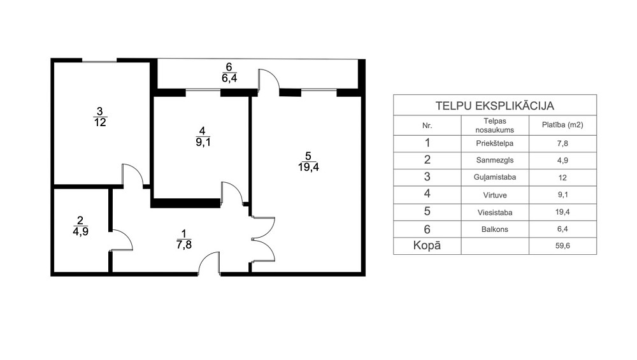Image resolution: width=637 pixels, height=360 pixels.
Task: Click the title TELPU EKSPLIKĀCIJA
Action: coord(494,106)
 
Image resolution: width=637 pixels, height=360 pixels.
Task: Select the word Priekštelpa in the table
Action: coord(494,143)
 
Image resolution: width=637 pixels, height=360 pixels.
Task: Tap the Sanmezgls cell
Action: coord(494,160)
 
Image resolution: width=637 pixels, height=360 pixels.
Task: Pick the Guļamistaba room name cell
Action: coord(494,177)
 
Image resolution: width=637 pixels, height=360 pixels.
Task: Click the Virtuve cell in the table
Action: coord(494,195)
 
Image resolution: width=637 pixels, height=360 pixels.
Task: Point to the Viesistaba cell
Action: coord(494,213)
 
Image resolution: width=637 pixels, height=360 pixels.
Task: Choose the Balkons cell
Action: coord(494,229)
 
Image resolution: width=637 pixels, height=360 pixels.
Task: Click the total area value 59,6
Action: coord(562,246)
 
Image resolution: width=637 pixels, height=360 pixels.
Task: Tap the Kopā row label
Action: coord(427,245)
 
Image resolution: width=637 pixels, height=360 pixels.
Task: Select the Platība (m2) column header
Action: coord(562,125)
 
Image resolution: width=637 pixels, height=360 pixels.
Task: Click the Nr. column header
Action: coord(427,126)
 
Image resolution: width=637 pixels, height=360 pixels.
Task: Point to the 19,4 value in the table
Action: coord(562,212)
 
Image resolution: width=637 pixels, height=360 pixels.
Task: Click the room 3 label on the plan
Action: coord(100,117)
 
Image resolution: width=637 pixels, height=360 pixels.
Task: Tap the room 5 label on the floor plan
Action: coord(308,161)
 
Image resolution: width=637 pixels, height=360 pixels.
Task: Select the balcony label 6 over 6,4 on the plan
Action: coord(229,73)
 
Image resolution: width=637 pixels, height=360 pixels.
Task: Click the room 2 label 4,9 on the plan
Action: coord(80,226)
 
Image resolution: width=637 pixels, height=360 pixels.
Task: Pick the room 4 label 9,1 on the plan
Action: coord(203,136)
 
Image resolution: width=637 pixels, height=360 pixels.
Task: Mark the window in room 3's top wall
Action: coord(99,61)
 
